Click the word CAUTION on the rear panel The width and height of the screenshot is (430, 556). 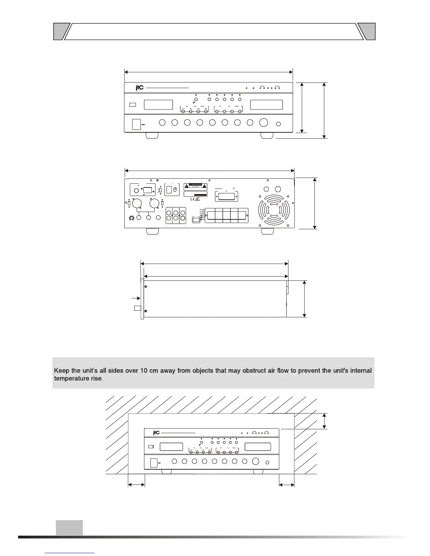click(x=195, y=184)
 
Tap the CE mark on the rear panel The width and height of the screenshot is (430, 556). click(x=193, y=200)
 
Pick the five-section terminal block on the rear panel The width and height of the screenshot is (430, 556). click(x=226, y=216)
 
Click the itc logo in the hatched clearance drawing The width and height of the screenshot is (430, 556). click(x=156, y=433)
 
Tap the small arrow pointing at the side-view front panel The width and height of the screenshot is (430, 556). click(x=135, y=298)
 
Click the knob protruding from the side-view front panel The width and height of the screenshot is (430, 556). click(x=138, y=308)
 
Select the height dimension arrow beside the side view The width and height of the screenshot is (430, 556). click(x=304, y=299)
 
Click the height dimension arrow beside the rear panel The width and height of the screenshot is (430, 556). click(x=315, y=203)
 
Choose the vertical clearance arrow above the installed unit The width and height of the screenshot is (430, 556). click(x=324, y=421)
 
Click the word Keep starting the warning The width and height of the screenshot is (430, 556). click(x=61, y=371)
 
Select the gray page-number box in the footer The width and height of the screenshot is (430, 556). click(x=69, y=528)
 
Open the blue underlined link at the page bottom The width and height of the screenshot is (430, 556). click(x=70, y=552)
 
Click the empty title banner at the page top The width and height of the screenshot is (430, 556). click(x=214, y=32)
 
